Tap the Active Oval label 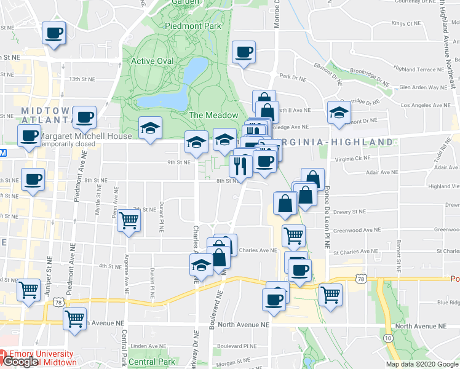tap(153, 61)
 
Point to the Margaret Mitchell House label tap(85, 136)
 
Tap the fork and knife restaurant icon tap(239, 165)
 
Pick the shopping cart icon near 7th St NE tap(129, 220)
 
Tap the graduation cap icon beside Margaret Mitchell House tap(150, 128)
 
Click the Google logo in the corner tap(20, 362)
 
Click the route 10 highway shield tap(388, 338)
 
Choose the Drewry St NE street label tap(349, 211)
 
